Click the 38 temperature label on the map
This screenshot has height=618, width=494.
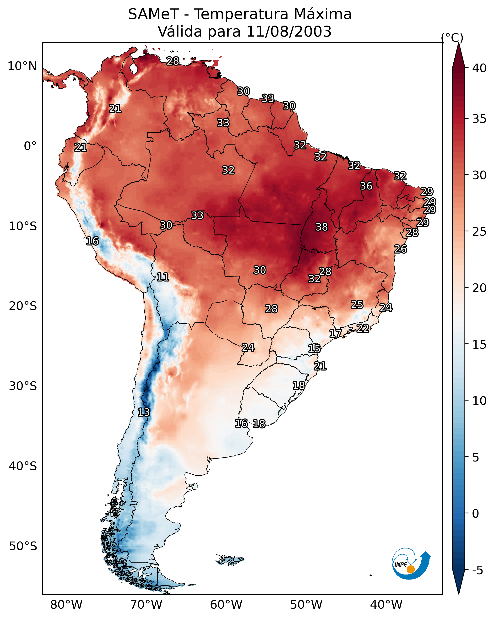321,227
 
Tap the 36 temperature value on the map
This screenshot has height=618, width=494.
366,186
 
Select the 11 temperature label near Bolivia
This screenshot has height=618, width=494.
163,277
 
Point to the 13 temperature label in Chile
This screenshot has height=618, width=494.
144,412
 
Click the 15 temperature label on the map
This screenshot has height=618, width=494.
314,349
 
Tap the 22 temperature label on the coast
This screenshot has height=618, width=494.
363,328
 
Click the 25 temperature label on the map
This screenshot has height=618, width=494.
357,305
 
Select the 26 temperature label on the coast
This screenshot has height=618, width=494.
400,249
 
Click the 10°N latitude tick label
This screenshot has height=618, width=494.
22,66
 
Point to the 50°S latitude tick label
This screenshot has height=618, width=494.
23,546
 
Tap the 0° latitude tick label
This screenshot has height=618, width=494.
30,146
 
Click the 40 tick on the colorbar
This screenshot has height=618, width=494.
479,68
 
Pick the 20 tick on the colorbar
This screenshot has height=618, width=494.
479,288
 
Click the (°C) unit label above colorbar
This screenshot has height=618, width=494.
452,38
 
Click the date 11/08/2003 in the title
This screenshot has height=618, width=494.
289,32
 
